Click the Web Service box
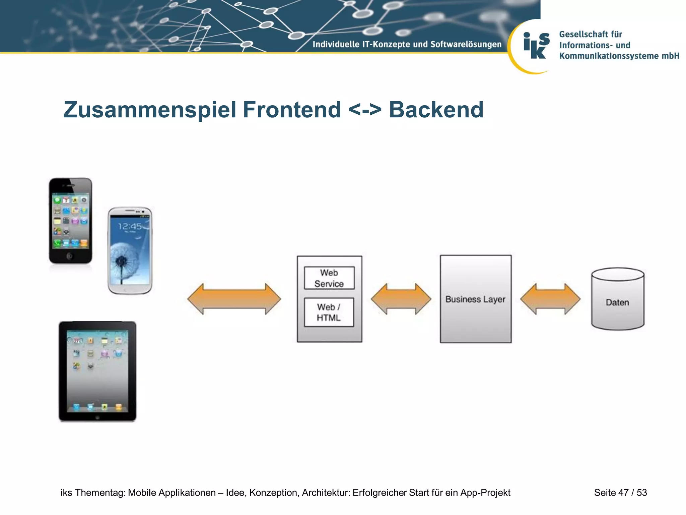point(329,278)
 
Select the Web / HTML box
point(329,312)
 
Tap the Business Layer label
point(475,299)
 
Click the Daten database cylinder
point(617,299)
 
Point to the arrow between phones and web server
point(234,299)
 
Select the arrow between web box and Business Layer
point(401,299)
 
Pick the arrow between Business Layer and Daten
point(550,299)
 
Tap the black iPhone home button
point(70,256)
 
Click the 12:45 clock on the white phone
point(130,227)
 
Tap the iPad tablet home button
point(97,417)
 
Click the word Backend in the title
point(436,110)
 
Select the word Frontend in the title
point(292,110)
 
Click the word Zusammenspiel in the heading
point(150,110)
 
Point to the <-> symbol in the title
point(365,110)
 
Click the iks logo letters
point(536,46)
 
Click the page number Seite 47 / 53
point(620,493)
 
